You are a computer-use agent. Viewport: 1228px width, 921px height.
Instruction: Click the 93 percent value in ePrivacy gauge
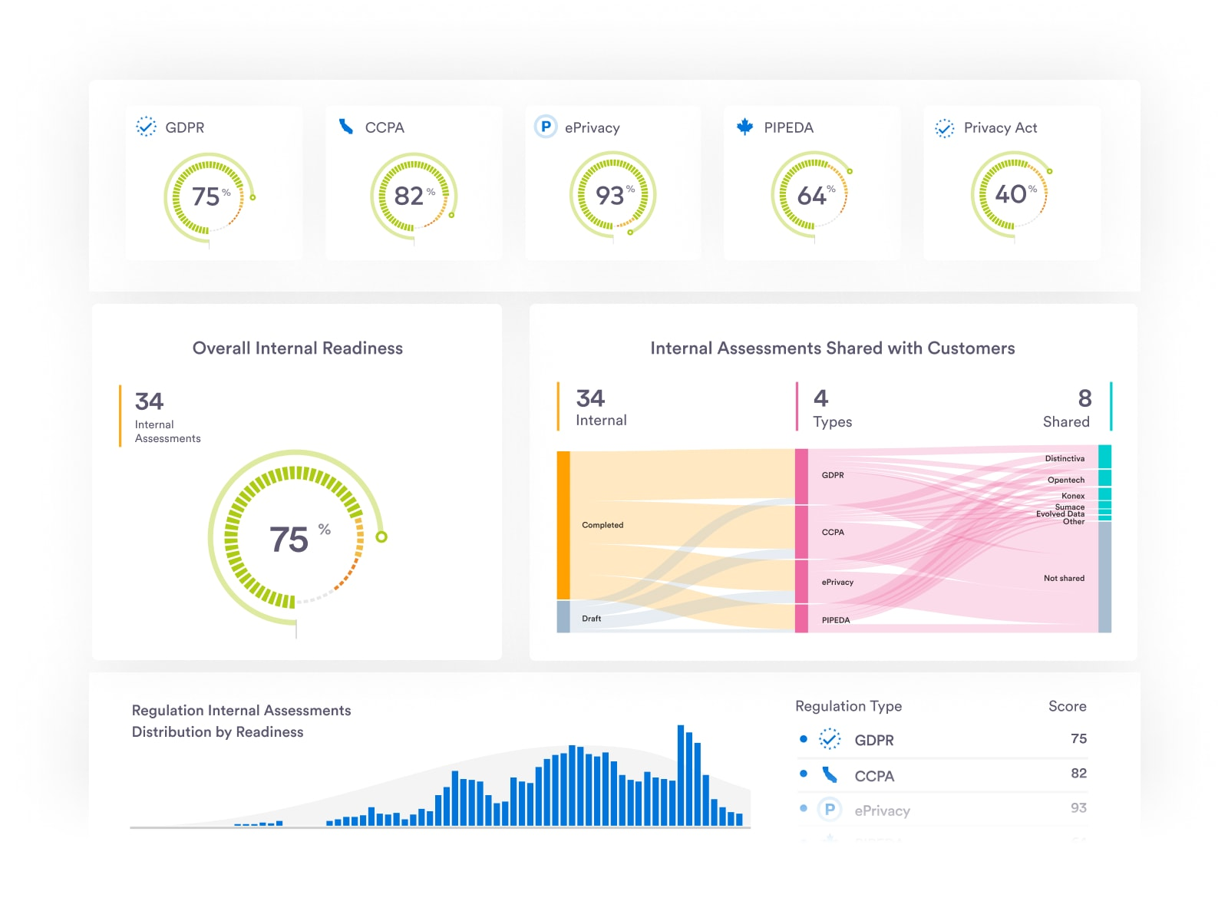[610, 196]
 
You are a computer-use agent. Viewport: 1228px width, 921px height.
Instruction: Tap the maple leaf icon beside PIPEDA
[744, 127]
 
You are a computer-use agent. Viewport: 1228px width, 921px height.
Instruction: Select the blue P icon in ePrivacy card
[546, 127]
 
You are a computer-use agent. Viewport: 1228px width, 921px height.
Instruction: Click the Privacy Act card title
[1000, 127]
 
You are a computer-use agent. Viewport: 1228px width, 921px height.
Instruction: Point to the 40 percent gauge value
[1011, 194]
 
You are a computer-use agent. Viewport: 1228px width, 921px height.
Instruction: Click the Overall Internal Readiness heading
[297, 348]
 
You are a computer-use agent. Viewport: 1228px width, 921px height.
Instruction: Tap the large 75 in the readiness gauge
[289, 540]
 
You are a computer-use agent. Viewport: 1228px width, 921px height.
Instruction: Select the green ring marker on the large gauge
[381, 536]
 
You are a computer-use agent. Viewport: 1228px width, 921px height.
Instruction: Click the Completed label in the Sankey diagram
[602, 525]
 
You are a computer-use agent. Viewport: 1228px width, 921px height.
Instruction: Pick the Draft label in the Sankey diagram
[591, 618]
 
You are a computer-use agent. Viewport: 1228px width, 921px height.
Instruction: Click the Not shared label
[1064, 578]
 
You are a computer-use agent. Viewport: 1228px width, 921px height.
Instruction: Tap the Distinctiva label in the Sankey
[1065, 458]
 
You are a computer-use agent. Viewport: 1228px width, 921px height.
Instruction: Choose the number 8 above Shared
[1084, 398]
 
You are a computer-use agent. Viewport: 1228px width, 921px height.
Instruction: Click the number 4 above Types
[820, 398]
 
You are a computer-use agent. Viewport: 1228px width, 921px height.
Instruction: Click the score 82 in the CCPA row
[1078, 773]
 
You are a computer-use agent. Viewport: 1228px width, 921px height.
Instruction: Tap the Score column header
[1067, 706]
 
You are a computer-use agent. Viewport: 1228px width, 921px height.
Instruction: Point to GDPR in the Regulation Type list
[873, 740]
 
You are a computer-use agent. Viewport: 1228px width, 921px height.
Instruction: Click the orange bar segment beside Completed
[563, 525]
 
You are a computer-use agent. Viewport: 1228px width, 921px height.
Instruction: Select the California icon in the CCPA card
[346, 127]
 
